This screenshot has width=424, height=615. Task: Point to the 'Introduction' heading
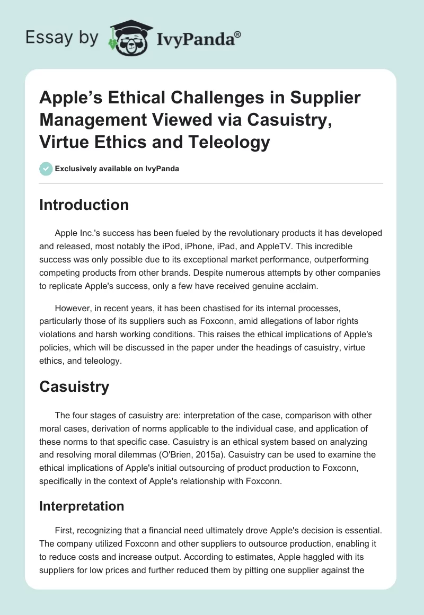(84, 205)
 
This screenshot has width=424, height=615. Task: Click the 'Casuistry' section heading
(74, 386)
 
